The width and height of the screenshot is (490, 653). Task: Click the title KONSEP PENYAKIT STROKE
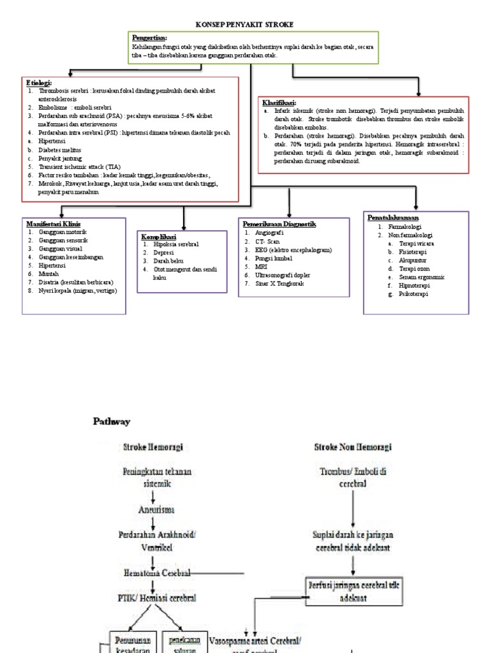(245, 24)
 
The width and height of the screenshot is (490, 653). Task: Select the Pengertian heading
(149, 38)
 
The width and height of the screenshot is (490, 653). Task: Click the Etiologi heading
(39, 83)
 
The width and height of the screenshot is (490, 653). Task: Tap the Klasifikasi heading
(279, 102)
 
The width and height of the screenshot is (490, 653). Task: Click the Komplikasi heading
(159, 237)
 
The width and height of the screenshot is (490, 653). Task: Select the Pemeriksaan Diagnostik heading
(279, 224)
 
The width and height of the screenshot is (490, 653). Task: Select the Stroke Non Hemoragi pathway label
(353, 447)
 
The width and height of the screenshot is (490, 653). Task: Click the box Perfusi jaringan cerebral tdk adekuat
(353, 590)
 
